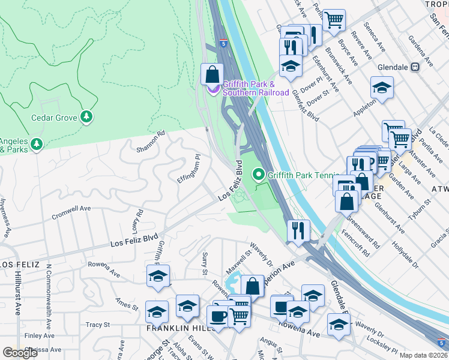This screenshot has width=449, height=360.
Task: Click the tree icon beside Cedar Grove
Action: (x=88, y=116)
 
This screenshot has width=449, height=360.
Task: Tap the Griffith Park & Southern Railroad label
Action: (x=249, y=88)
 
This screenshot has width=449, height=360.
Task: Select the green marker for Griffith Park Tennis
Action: (x=259, y=175)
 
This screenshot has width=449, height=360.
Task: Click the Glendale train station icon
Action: (x=415, y=67)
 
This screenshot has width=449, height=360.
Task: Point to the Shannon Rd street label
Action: (x=150, y=142)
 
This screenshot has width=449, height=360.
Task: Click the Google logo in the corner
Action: (x=20, y=353)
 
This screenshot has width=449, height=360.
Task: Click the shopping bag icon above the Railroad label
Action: (x=212, y=75)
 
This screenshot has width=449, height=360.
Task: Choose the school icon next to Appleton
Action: (x=382, y=88)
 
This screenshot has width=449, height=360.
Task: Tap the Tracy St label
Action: (x=97, y=325)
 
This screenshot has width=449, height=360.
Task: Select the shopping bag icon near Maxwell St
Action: (x=253, y=286)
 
